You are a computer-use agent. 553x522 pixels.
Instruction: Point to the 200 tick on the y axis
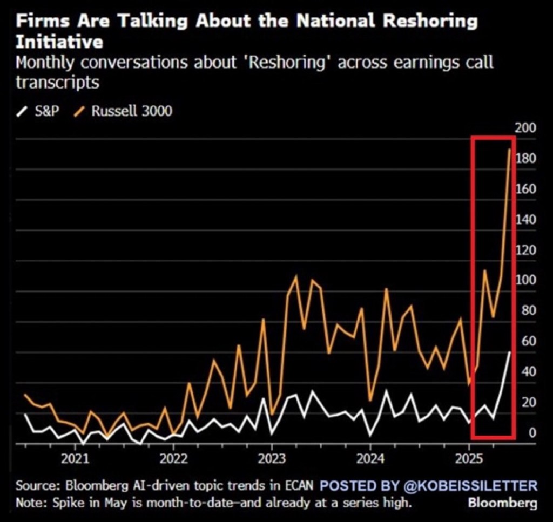[526, 128]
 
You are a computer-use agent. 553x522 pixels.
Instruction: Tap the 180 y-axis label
[526, 158]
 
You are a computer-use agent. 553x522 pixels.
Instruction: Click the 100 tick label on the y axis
[526, 280]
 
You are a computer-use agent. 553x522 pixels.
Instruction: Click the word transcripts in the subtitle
[57, 82]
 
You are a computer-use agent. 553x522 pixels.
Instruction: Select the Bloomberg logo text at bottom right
[502, 504]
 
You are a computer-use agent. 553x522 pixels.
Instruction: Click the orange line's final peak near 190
[509, 149]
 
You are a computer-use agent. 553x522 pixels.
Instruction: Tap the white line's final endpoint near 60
[509, 352]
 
